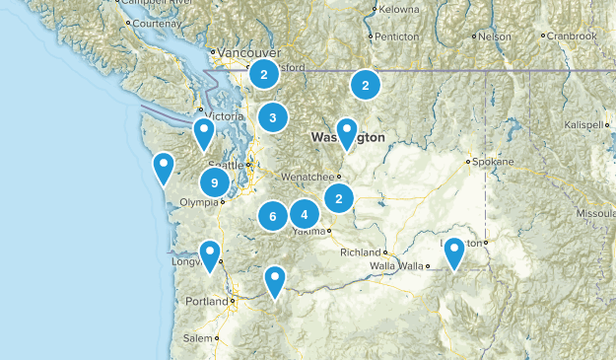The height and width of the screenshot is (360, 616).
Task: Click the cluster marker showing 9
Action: (x=215, y=182)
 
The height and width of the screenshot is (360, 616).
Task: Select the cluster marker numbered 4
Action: (x=305, y=214)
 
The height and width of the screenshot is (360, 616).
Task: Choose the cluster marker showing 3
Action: (x=273, y=118)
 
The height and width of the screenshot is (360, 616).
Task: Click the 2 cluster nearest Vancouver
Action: (x=264, y=73)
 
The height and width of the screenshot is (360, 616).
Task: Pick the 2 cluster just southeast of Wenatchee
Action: (x=339, y=198)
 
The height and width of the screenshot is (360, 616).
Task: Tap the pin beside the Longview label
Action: (x=210, y=254)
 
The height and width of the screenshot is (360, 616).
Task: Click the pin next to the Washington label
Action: (x=347, y=130)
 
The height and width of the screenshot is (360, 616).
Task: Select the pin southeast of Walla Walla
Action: (x=454, y=252)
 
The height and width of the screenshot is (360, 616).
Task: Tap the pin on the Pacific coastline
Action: (x=164, y=167)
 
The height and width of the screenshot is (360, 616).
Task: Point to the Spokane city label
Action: (x=492, y=161)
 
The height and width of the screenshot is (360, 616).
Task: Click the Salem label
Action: (x=198, y=338)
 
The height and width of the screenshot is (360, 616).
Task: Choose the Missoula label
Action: (x=595, y=212)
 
